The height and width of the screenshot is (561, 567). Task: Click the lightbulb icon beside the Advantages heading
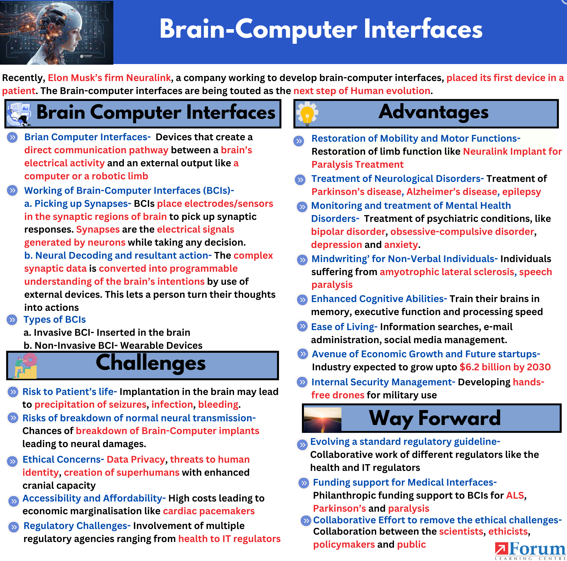(307, 114)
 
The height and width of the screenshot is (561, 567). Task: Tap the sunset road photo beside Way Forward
(322, 419)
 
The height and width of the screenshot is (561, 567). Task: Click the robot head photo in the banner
(56, 32)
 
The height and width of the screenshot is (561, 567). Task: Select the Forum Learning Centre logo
(530, 551)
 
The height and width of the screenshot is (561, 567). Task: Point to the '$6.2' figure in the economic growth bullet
(469, 367)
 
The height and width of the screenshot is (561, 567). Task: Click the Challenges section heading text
(151, 363)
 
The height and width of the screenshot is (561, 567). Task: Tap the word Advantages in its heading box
(433, 112)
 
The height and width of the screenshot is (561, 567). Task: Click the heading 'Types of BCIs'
(55, 319)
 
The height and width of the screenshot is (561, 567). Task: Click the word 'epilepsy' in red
(521, 192)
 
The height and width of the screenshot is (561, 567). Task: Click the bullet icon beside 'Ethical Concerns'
(12, 461)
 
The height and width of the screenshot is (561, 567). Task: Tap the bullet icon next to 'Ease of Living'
(302, 326)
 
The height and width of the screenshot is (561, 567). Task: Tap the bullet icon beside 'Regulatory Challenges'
(14, 527)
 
